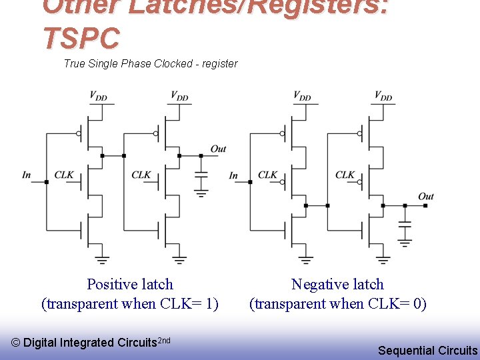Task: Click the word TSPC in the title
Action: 81,38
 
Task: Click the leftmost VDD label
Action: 98,97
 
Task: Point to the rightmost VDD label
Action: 383,97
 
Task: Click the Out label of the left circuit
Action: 218,149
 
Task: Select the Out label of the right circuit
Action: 426,196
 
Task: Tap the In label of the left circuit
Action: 27,175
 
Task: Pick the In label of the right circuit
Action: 233,176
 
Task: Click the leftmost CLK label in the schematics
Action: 64,175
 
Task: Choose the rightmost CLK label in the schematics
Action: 345,175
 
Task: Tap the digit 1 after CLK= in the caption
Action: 209,304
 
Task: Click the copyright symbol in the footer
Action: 16,343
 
